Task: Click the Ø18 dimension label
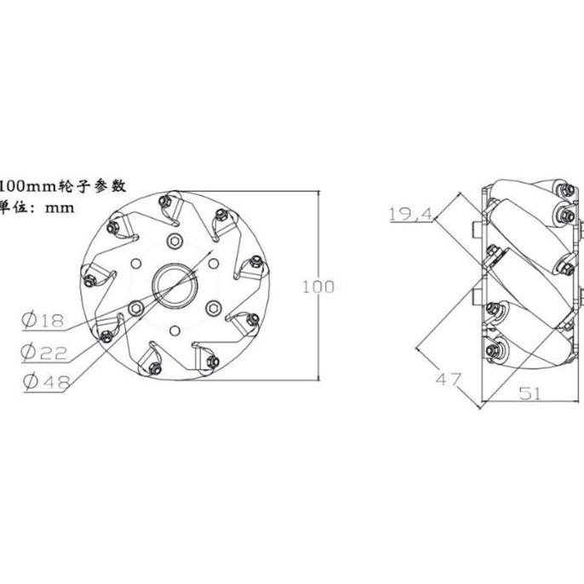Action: click(43, 320)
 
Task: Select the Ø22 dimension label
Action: click(43, 351)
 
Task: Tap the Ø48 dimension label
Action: click(43, 382)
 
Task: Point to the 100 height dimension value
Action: click(318, 287)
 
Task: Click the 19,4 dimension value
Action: click(409, 215)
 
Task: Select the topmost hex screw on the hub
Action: click(175, 241)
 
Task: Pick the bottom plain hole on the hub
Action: click(175, 329)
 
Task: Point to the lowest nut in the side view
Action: click(494, 350)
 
